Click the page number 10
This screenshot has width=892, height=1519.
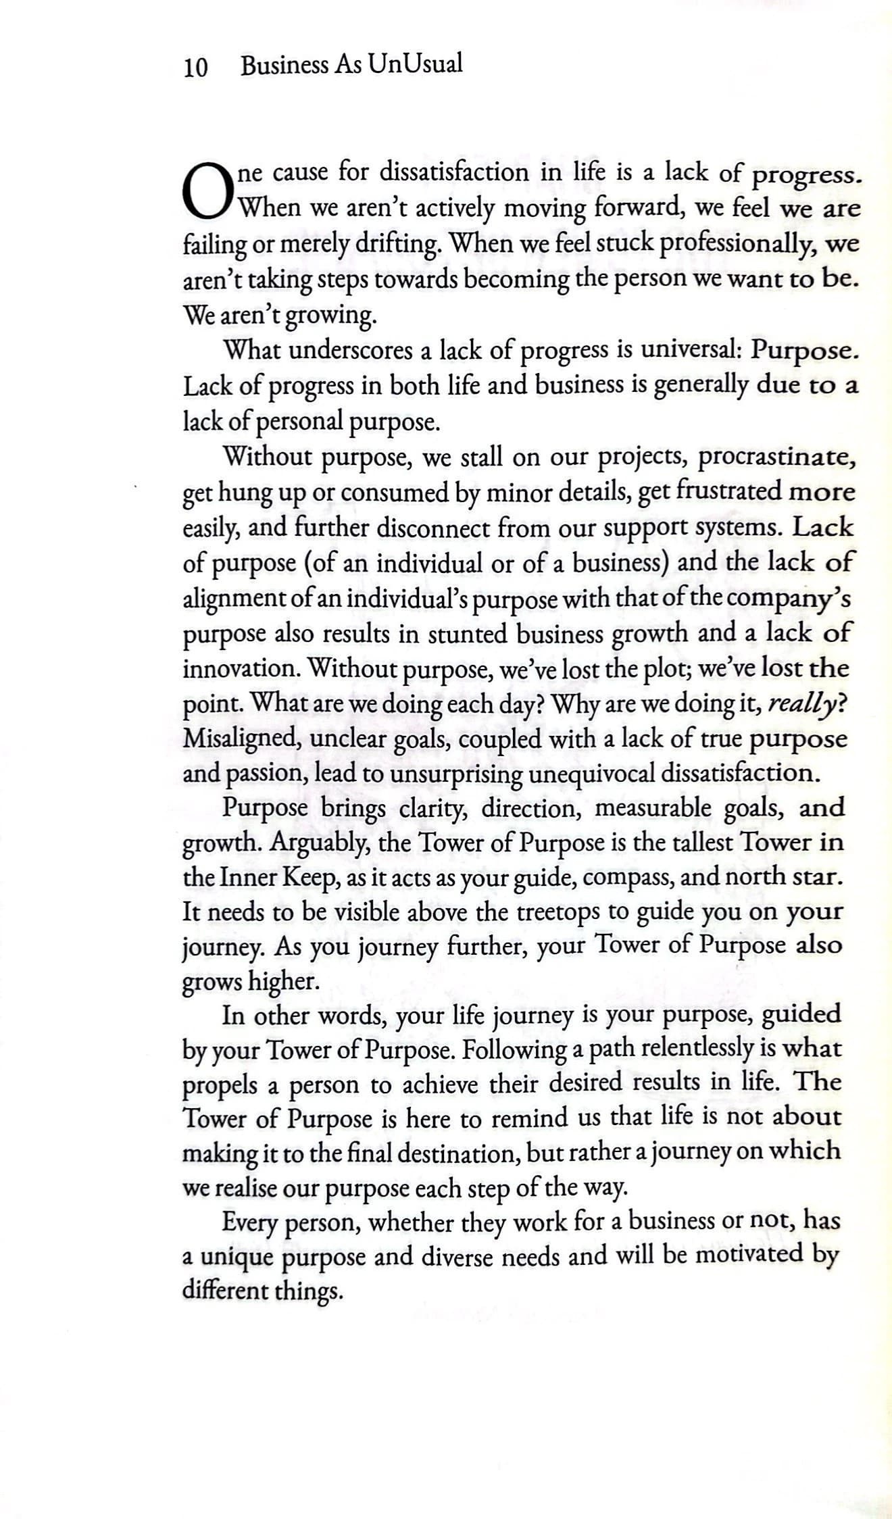(195, 67)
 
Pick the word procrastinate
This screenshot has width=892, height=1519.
(777, 457)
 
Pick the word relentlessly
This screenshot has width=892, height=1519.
(697, 1049)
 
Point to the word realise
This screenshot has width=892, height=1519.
(245, 1187)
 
